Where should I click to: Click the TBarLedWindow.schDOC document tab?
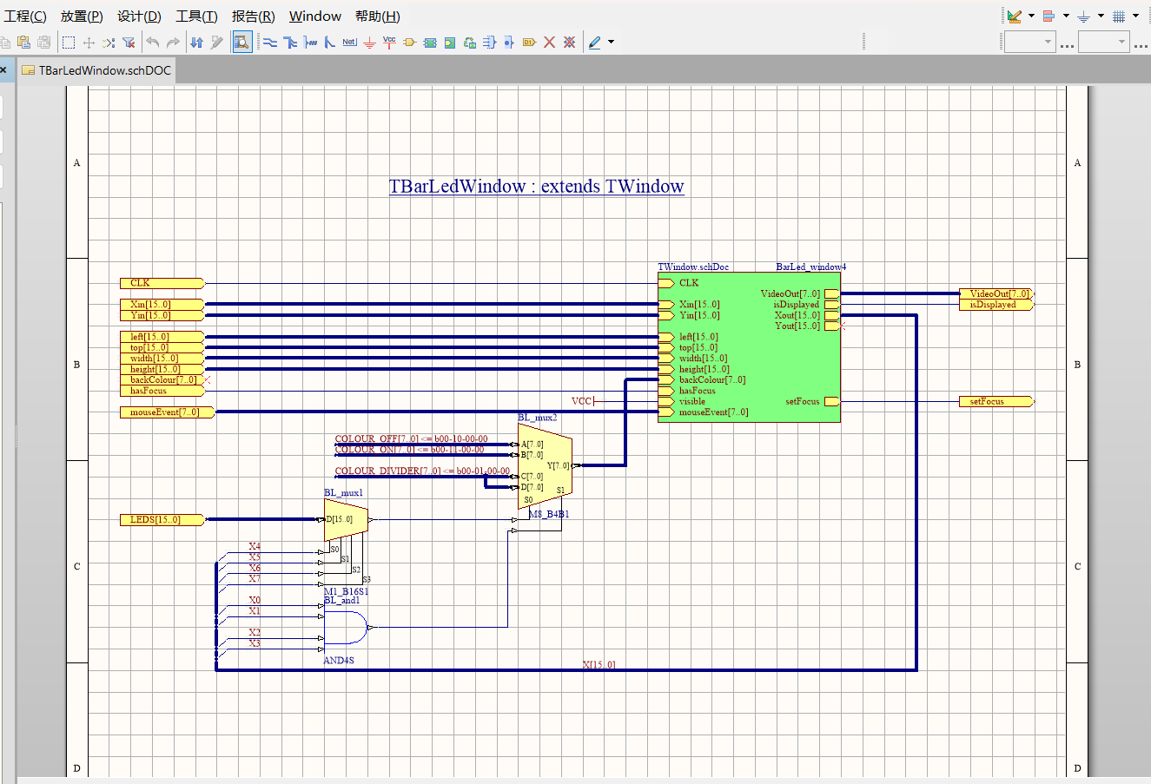coord(104,70)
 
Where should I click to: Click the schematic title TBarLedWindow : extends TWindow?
coord(536,187)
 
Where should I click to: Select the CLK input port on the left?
coord(162,283)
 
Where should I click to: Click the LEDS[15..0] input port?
coord(162,520)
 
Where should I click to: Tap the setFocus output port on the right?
coord(996,402)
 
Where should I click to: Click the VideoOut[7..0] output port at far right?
coord(996,294)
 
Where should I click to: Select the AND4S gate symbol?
coord(346,627)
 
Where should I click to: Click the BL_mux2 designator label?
coord(538,418)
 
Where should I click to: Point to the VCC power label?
coord(581,401)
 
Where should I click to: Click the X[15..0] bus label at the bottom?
coord(599,665)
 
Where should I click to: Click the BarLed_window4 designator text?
coord(810,267)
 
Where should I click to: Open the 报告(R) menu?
coord(253,16)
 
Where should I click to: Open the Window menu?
coord(314,16)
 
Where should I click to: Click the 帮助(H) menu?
coord(377,16)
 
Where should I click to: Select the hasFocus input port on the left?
coord(162,391)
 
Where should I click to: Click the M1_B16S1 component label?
coord(347,592)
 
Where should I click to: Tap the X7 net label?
coord(255,579)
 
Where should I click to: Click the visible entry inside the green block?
coord(692,402)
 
